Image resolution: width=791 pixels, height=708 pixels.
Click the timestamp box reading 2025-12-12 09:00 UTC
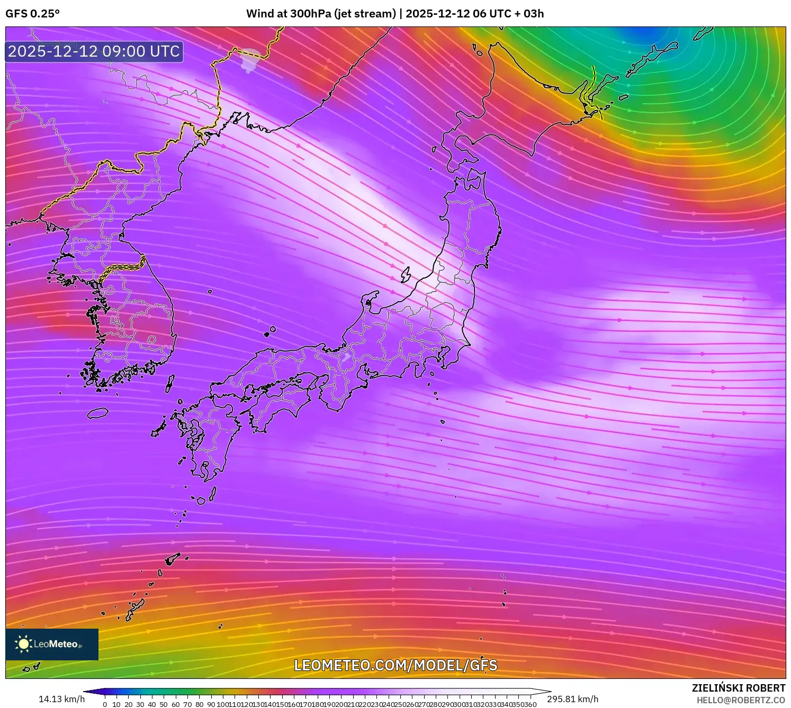click(x=94, y=51)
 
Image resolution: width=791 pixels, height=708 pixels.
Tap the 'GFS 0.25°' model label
click(x=32, y=14)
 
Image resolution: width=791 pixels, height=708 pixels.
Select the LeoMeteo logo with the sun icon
click(x=51, y=644)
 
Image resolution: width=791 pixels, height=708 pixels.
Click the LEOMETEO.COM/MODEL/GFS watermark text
click(x=395, y=665)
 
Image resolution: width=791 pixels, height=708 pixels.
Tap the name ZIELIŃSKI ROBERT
click(x=739, y=688)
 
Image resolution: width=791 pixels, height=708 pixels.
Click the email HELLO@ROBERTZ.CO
click(x=741, y=700)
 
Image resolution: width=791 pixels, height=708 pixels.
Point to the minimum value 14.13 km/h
click(x=61, y=699)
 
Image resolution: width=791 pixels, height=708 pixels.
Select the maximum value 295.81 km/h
click(x=573, y=699)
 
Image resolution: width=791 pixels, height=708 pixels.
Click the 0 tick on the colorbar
click(x=105, y=704)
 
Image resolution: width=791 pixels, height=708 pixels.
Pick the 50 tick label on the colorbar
click(x=164, y=704)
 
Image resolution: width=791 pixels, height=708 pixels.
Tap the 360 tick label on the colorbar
click(x=531, y=704)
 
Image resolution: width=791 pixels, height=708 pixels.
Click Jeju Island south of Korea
click(x=97, y=413)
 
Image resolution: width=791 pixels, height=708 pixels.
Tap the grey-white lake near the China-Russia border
click(x=249, y=58)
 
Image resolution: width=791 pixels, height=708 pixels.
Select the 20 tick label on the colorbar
click(x=128, y=704)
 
